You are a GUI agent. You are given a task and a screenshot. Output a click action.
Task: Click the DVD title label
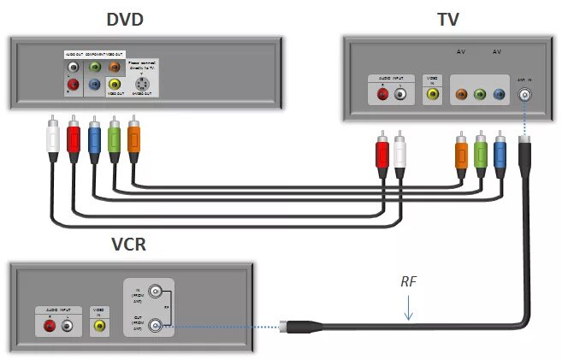click(x=125, y=19)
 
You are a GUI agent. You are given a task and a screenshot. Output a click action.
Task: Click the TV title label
click(x=449, y=19)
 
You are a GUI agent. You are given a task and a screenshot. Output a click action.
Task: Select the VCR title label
click(x=129, y=244)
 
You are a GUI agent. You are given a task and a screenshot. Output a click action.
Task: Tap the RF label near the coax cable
click(x=411, y=283)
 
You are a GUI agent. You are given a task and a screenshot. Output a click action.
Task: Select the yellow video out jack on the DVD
click(x=115, y=84)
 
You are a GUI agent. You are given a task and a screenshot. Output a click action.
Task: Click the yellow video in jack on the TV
click(x=432, y=95)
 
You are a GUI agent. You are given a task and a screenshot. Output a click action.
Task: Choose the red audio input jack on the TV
click(x=382, y=95)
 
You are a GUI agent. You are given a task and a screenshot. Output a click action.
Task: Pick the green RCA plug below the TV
click(x=482, y=152)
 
